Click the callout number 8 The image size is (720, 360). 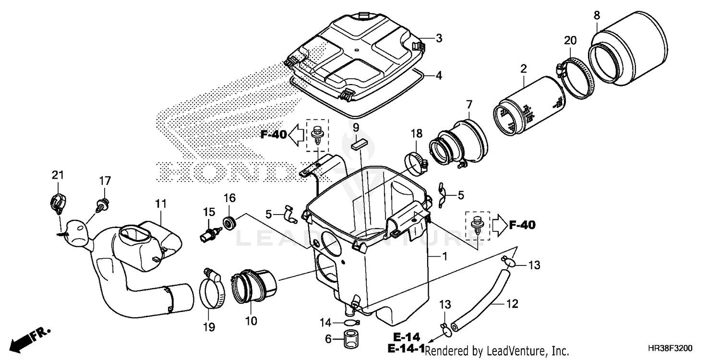(597, 15)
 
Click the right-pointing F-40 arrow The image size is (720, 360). (499, 225)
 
